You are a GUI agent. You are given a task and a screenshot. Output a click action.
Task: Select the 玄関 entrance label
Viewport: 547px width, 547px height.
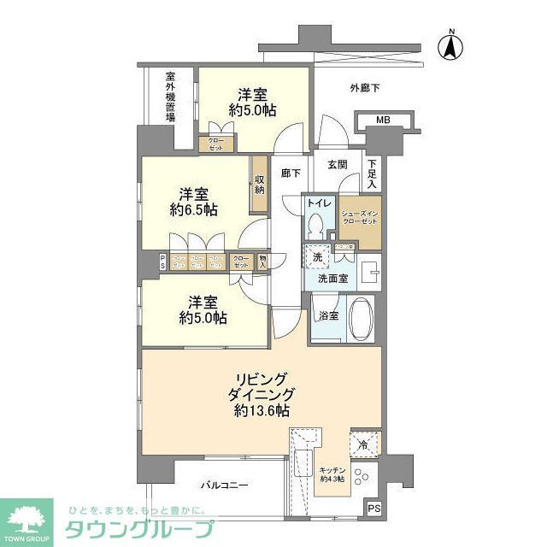tap(337, 165)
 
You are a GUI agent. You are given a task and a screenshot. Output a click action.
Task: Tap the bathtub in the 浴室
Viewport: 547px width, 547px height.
tap(361, 319)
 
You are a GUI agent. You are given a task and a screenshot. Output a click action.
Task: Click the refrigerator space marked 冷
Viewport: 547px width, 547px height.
tap(362, 444)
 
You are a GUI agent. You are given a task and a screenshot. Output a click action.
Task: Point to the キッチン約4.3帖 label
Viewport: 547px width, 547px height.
tap(332, 473)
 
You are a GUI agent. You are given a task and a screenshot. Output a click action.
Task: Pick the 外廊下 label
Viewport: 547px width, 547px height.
tap(365, 87)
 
